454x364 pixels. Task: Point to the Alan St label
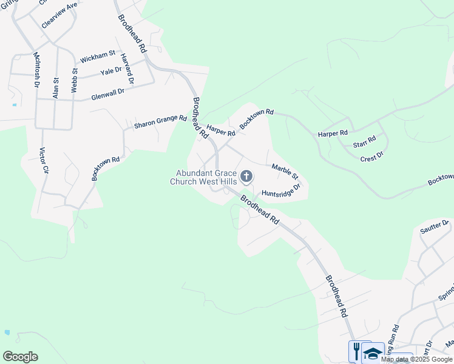(56, 88)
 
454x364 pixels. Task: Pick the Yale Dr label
(111, 70)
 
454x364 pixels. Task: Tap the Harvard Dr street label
(127, 69)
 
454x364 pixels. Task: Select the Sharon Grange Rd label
(160, 121)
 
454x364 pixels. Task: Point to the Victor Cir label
(43, 161)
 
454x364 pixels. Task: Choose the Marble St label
(285, 172)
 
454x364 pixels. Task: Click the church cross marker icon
(246, 177)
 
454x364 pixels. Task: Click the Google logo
(20, 357)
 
